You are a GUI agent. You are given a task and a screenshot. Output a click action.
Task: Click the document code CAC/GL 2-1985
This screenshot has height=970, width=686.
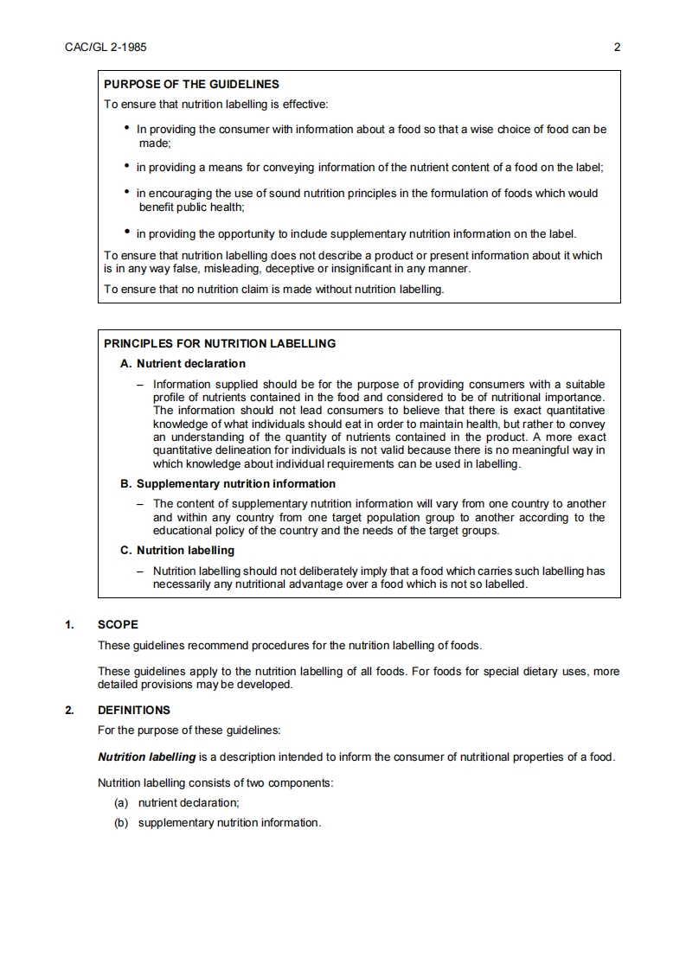tap(106, 48)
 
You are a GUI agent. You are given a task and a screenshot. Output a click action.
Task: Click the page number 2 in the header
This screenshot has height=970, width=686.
tap(617, 48)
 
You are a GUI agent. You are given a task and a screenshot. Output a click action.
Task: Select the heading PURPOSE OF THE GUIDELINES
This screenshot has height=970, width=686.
tap(191, 85)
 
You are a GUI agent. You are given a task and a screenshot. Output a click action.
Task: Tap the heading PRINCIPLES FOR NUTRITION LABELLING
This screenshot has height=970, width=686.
tap(220, 343)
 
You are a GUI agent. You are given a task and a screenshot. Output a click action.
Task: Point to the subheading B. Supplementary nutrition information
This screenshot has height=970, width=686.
tap(228, 483)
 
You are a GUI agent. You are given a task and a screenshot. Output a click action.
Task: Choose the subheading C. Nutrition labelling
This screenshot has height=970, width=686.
tap(177, 550)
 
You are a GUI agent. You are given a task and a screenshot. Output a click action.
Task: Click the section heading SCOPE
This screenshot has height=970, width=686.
tap(118, 624)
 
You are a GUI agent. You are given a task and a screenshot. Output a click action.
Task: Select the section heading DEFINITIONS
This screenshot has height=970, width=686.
tap(134, 711)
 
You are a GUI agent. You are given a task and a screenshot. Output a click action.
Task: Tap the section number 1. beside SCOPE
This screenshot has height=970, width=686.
tap(69, 624)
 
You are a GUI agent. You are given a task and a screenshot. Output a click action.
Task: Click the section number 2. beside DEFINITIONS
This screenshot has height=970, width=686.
tap(69, 711)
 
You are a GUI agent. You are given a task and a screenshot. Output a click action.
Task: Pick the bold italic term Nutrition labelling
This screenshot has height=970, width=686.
tap(147, 757)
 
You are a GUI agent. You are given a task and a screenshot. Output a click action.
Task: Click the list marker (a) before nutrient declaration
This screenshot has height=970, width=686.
tap(121, 802)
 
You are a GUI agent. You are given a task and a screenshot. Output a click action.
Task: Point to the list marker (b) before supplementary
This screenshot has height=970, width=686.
tap(121, 822)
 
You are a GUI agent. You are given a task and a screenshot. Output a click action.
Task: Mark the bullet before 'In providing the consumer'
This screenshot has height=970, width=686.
tap(127, 128)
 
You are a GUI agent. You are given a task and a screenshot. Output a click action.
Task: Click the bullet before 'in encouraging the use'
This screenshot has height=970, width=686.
tap(127, 192)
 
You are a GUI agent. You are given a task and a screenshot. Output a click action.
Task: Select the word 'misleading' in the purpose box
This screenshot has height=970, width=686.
tap(200, 269)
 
